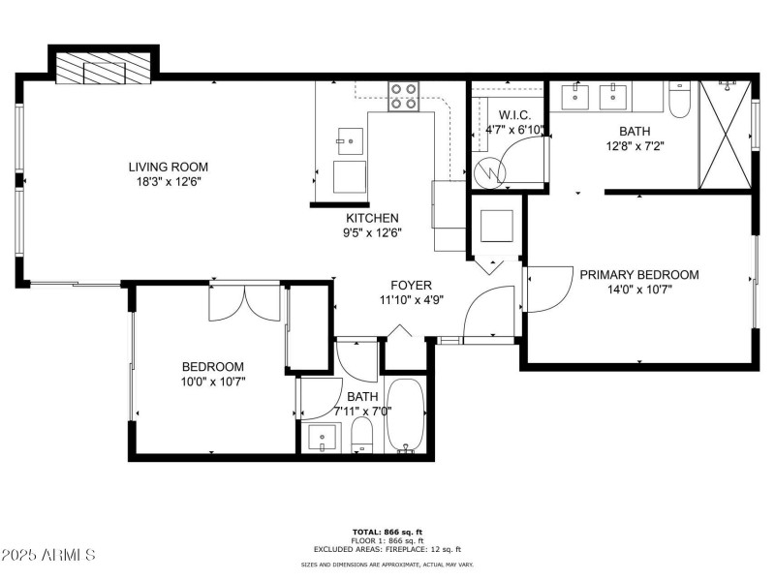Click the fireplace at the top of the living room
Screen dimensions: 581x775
tap(102, 71)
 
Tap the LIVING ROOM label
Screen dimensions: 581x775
tap(169, 167)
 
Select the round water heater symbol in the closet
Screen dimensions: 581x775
tap(492, 172)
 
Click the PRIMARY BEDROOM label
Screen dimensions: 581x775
tap(639, 274)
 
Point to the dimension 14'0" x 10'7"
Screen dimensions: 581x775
tap(639, 289)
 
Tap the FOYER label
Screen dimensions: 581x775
tap(411, 285)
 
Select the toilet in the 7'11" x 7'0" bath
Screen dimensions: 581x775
tap(362, 435)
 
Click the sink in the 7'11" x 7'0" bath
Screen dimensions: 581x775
tap(322, 437)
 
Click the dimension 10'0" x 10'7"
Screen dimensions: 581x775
tap(213, 382)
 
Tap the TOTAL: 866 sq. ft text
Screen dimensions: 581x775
tap(387, 532)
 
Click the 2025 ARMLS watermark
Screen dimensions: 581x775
tap(48, 556)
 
